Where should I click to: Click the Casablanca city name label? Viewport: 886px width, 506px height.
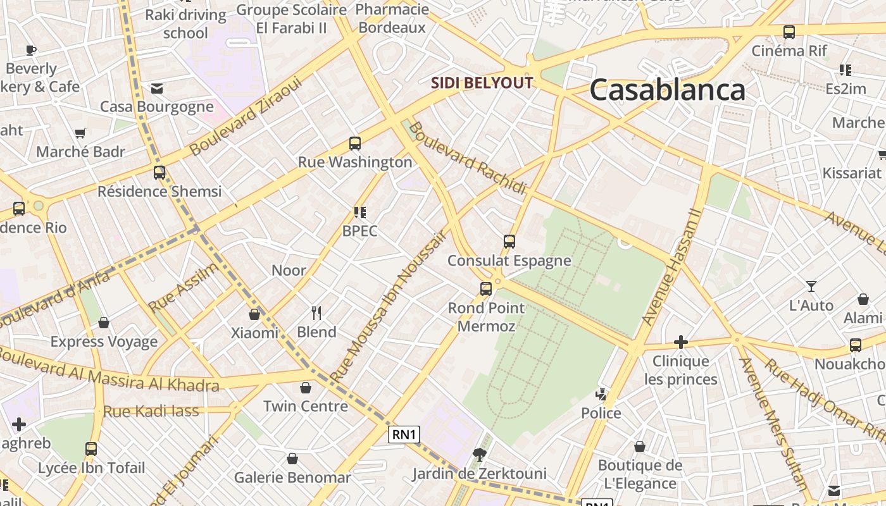(667, 90)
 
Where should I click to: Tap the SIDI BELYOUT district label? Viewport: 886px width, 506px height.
(482, 83)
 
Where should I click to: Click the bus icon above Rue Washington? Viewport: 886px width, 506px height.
(355, 144)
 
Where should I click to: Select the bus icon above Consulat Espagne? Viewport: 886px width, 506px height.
(509, 242)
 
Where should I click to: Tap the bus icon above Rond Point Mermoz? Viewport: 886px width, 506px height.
(486, 289)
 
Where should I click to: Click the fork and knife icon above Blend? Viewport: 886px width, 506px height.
(316, 312)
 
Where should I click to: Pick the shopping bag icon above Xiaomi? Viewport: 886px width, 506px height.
(254, 314)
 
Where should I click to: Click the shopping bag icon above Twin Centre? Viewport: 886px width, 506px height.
(306, 387)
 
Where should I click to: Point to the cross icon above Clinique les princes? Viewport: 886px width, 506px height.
(681, 342)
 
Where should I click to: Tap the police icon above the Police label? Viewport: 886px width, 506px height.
(601, 395)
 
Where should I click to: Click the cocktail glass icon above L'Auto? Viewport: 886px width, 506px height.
(811, 287)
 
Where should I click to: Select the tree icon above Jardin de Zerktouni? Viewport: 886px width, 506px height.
(480, 454)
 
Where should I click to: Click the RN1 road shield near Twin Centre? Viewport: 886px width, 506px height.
(404, 435)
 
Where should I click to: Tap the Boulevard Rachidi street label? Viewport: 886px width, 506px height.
(468, 158)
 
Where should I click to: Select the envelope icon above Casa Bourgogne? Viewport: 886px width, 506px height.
(156, 89)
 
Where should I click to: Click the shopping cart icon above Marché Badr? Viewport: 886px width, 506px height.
(80, 133)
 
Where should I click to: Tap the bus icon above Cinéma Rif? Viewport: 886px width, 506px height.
(789, 32)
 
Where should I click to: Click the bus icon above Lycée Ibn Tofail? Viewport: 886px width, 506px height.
(91, 449)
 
